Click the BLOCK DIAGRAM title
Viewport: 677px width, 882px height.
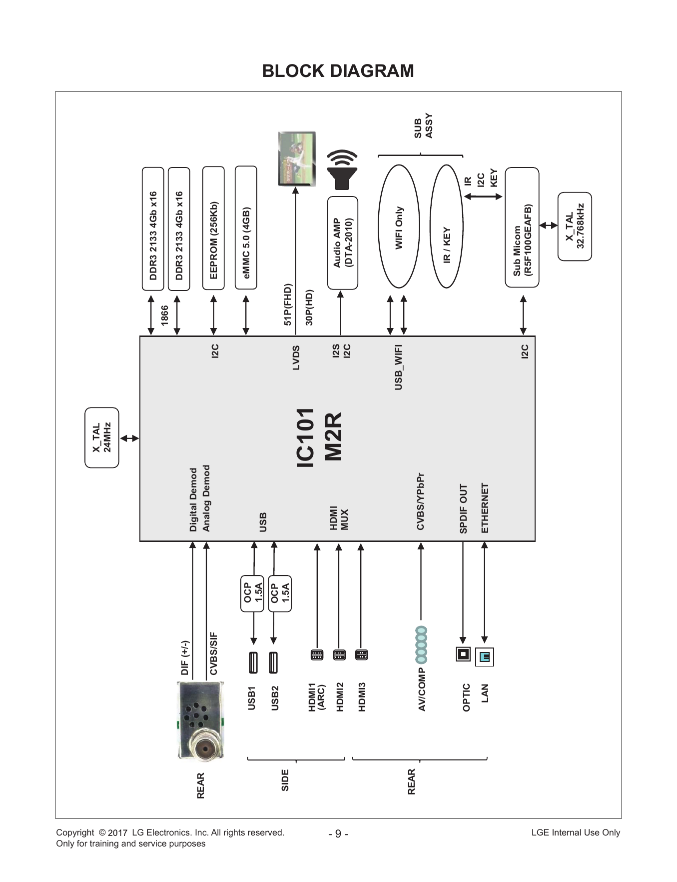338,71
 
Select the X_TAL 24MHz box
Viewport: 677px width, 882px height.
102,437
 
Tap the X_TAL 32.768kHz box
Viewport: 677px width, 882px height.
575,226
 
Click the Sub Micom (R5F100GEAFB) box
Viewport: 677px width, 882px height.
522,227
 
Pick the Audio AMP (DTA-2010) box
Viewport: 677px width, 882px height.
343,243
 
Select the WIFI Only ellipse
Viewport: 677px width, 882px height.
399,226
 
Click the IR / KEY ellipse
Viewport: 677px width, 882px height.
447,226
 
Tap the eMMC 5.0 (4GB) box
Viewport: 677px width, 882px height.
246,227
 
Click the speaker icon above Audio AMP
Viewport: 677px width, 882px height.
343,170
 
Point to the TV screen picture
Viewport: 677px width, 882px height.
297,159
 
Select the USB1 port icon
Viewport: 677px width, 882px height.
253,662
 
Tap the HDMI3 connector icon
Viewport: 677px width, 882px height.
361,654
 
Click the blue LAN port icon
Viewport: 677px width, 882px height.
485,656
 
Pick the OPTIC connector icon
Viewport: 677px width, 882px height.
463,654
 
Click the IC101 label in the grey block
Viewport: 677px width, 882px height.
305,437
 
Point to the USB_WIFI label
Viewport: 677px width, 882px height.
398,367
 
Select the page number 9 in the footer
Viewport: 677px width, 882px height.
338,833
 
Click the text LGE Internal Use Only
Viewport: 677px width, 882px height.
576,832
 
